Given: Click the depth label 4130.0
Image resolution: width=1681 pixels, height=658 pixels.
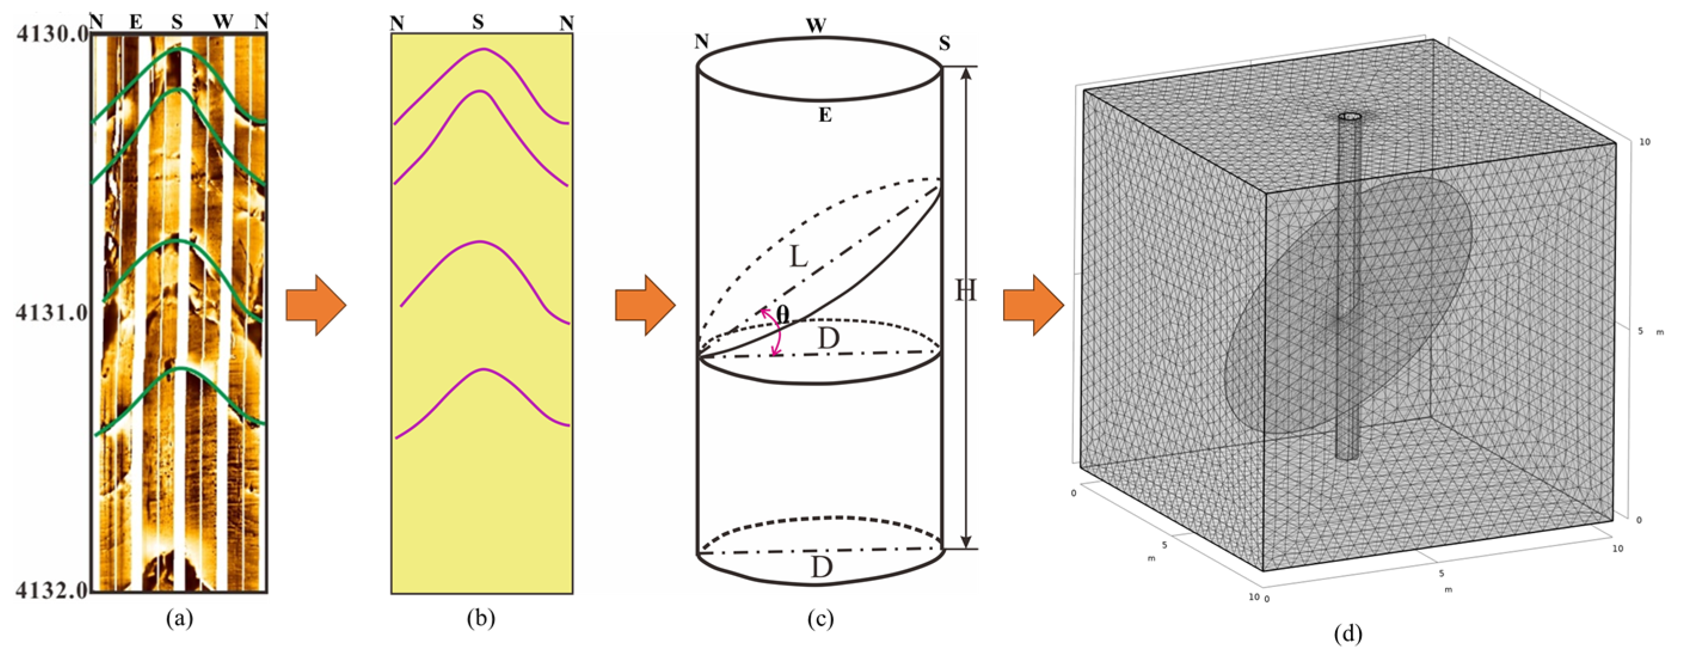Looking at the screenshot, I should [x=51, y=33].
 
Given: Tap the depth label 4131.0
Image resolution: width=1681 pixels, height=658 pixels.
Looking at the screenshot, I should [x=51, y=313].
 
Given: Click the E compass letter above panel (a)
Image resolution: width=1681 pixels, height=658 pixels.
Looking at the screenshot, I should [x=136, y=22].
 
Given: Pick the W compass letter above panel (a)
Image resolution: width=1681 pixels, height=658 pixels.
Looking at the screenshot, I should [x=223, y=22].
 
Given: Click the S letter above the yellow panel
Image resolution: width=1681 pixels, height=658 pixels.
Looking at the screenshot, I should [x=478, y=23].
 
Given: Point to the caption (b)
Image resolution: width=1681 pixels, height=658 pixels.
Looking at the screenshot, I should [x=481, y=617].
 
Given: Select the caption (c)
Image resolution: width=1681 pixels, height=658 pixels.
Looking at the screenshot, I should [x=820, y=617].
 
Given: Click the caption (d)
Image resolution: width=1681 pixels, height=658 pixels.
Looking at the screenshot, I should [x=1348, y=632].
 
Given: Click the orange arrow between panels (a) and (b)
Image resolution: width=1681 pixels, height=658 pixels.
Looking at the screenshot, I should [x=316, y=305].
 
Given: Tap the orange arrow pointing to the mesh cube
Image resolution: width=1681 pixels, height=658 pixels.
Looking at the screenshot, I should [x=1033, y=305].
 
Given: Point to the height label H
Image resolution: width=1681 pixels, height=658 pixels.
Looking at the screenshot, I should [x=966, y=290].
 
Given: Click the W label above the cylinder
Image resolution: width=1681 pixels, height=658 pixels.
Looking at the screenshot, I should [x=816, y=26].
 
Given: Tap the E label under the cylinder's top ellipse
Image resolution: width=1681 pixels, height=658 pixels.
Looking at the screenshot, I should [x=825, y=115].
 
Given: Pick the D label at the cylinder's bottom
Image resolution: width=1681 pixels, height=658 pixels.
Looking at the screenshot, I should [x=822, y=567].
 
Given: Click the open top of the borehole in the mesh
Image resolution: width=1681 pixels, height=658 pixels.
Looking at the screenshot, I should [x=1350, y=118].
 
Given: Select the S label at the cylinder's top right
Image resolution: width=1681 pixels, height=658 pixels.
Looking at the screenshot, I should [x=944, y=44].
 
